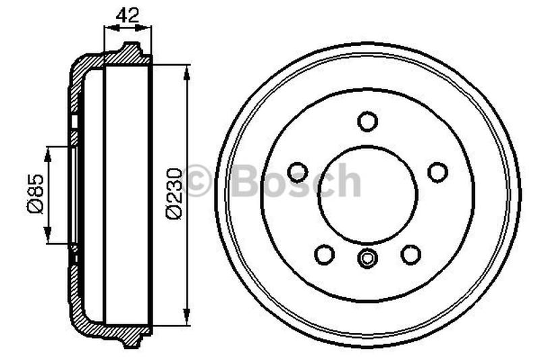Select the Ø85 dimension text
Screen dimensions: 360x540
pyautogui.click(x=36, y=194)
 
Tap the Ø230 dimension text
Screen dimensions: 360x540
pyautogui.click(x=173, y=194)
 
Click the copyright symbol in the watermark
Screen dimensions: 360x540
pyautogui.click(x=198, y=182)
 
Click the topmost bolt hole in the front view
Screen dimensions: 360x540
pyautogui.click(x=367, y=122)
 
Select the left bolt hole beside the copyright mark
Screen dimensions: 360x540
pyautogui.click(x=298, y=172)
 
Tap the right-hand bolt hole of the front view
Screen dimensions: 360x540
pyautogui.click(x=437, y=172)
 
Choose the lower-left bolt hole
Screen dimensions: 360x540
pyautogui.click(x=325, y=254)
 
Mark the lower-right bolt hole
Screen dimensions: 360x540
pyautogui.click(x=410, y=254)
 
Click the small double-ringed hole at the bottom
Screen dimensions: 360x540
pyautogui.click(x=367, y=257)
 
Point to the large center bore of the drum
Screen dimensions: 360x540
pyautogui.click(x=367, y=195)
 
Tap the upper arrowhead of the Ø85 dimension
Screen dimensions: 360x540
pyautogui.click(x=47, y=151)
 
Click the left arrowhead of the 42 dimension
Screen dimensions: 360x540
pyautogui.click(x=107, y=28)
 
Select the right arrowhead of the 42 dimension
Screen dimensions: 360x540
pyautogui.click(x=148, y=28)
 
